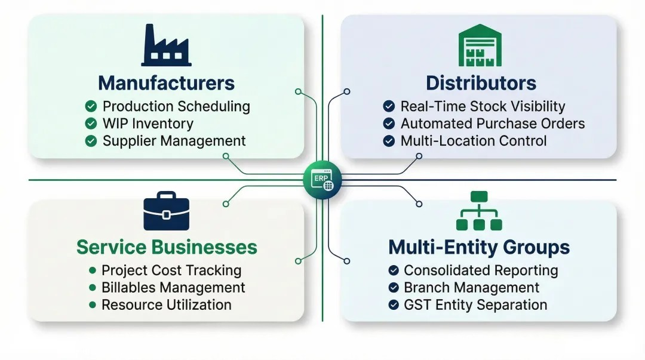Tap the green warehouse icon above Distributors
(480, 45)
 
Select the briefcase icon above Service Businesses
(166, 211)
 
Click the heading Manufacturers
(166, 82)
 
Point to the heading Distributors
(481, 82)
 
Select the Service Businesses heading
(167, 247)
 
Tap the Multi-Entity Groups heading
(479, 247)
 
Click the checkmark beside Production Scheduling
(91, 106)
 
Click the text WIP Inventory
(148, 124)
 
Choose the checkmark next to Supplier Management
(91, 141)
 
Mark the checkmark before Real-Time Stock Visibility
(389, 106)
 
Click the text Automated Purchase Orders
(492, 124)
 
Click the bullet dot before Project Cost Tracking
(92, 270)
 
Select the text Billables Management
(173, 287)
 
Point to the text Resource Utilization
(166, 304)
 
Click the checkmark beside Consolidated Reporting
(394, 270)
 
